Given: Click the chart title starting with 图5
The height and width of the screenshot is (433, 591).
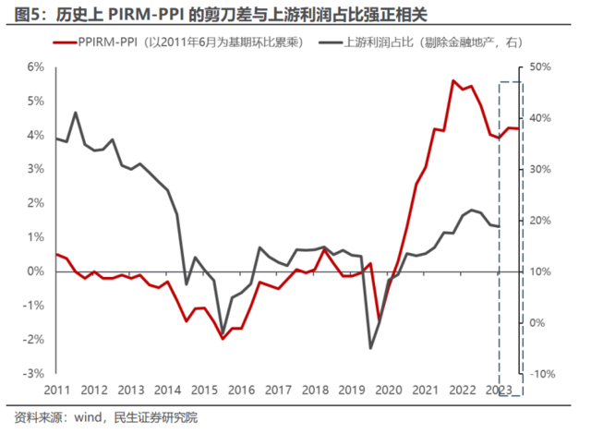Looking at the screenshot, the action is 221,15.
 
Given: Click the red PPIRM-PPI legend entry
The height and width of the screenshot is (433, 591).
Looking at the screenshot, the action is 178,42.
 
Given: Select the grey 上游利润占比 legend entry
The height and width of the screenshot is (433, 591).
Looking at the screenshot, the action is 421,42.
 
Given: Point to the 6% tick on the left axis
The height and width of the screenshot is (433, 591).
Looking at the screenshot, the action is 35,67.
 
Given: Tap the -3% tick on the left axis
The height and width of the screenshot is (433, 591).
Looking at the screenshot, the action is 33,374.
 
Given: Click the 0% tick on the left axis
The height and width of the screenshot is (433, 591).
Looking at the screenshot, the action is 35,271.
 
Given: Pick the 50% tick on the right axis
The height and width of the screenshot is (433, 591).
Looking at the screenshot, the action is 540,67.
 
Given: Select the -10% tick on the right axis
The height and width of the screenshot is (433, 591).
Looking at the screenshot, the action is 542,374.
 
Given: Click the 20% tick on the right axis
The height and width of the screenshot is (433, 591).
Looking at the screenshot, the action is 540,221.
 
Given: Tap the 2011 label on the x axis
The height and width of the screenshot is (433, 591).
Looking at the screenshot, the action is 57,390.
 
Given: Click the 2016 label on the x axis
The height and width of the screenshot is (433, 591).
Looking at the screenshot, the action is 241,390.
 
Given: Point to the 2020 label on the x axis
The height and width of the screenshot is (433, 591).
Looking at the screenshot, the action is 389,390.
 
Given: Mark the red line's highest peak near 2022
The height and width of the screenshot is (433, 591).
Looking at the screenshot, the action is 453,80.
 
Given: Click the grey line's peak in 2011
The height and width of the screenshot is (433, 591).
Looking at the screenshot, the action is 76,113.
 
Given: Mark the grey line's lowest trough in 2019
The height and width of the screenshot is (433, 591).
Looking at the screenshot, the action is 370,348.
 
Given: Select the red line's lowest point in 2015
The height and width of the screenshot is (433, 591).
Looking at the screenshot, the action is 223,339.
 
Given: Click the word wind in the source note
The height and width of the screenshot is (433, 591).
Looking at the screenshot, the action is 88,417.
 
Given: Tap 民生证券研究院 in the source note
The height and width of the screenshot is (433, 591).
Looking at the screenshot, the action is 156,417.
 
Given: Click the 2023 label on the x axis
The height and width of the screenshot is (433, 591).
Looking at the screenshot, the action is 499,390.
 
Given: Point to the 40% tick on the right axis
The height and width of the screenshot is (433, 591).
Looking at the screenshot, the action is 540,118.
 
